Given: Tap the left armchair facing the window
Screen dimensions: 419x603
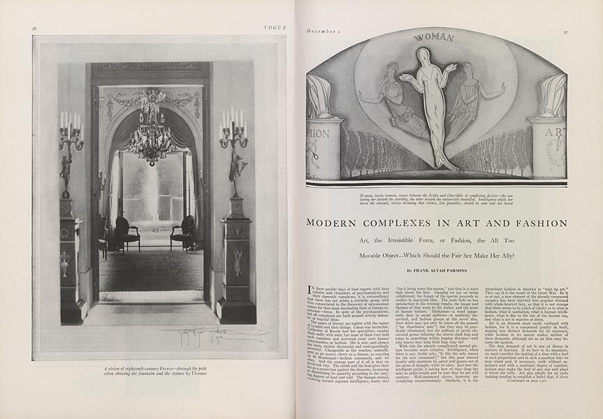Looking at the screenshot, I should pyautogui.click(x=127, y=233).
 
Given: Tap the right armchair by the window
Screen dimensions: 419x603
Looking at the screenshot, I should pyautogui.click(x=183, y=233).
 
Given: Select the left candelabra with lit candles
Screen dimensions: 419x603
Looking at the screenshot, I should pyautogui.click(x=71, y=136).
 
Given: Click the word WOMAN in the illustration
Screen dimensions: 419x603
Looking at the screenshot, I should pyautogui.click(x=434, y=37).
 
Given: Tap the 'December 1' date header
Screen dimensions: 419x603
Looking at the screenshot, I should pyautogui.click(x=322, y=31).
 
